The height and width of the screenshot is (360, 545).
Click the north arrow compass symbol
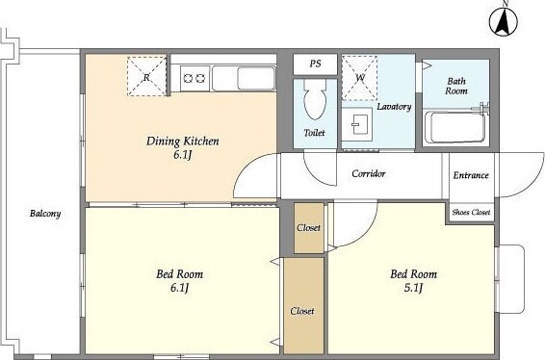tap(504, 21)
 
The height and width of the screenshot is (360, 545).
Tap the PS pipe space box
tap(315, 64)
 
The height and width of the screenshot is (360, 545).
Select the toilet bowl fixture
tap(315, 99)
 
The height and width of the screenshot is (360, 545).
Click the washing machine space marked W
tap(360, 78)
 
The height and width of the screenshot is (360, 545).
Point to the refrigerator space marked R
tap(146, 76)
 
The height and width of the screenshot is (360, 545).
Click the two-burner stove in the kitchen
tap(195, 79)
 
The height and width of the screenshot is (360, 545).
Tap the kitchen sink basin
tap(256, 79)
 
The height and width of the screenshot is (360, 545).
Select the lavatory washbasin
tap(357, 124)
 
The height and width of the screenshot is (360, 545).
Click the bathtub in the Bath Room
tap(454, 127)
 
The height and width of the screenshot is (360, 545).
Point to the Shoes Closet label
tap(471, 212)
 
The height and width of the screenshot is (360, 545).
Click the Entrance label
tap(471, 175)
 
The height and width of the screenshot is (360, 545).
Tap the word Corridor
tap(369, 173)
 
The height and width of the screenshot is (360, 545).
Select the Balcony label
tap(45, 214)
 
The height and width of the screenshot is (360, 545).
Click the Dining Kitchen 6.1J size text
tap(183, 155)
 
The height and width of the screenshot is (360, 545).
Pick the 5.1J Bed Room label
tap(414, 280)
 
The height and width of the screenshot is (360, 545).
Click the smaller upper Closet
tap(309, 228)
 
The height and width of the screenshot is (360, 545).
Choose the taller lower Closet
tap(303, 306)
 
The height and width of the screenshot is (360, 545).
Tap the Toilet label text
tap(314, 133)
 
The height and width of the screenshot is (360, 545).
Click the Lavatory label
tap(394, 107)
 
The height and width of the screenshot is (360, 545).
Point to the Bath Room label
tap(456, 86)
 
